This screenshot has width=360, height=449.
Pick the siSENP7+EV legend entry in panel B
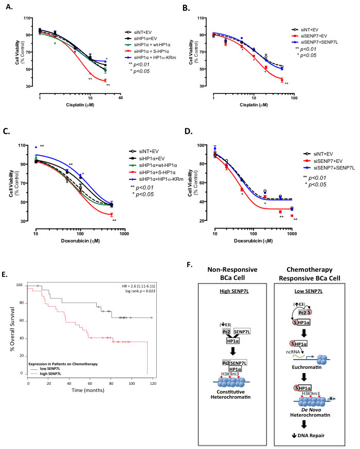coord(315,38)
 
